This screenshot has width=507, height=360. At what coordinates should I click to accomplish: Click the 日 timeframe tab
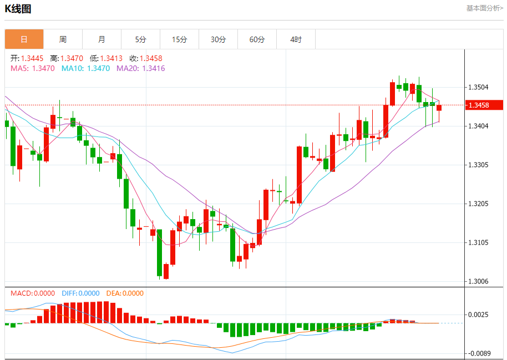(24, 39)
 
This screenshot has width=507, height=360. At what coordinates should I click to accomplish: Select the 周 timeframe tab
(63, 39)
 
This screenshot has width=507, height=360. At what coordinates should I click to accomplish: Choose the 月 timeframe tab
(102, 39)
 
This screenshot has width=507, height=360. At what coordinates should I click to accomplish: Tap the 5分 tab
(140, 39)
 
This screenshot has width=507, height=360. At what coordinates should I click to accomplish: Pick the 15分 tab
(179, 39)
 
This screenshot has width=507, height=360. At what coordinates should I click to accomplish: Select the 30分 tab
(218, 39)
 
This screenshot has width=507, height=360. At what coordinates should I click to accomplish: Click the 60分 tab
(257, 39)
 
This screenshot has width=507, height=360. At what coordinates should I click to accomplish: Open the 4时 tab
(296, 39)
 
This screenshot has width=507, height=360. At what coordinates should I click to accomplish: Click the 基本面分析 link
(484, 8)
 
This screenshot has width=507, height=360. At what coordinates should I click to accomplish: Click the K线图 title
(18, 9)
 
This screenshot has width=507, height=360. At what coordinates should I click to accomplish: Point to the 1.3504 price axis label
(478, 88)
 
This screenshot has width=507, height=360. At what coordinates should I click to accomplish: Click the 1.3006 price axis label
(478, 282)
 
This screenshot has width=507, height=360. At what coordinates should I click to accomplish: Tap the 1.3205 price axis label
(478, 204)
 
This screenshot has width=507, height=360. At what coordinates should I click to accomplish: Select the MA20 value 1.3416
(154, 68)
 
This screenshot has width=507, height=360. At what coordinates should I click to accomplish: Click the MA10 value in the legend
(98, 68)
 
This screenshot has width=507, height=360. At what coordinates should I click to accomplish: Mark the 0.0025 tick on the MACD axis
(478, 315)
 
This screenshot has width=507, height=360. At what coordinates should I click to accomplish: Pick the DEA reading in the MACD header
(131, 293)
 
